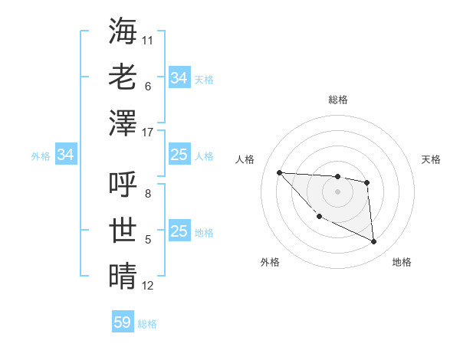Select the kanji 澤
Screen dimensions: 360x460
click(x=123, y=123)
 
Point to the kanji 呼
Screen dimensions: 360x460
click(x=123, y=184)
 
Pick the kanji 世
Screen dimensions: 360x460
click(x=123, y=230)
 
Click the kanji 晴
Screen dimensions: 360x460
click(x=123, y=276)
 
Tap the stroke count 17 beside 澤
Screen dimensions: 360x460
click(x=149, y=133)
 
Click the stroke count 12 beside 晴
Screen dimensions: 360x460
click(x=148, y=286)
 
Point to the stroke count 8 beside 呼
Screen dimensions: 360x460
click(x=148, y=194)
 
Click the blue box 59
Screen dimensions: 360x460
click(x=123, y=322)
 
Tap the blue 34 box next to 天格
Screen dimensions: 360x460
click(x=179, y=78)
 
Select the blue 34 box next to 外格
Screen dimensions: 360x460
click(x=66, y=155)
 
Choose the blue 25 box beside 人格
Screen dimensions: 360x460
click(x=179, y=155)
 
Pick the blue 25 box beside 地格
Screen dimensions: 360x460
click(x=179, y=231)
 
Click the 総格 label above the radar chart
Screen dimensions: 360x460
click(x=337, y=100)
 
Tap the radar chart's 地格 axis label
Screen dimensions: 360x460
click(x=402, y=262)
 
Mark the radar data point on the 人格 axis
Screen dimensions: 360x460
click(x=279, y=172)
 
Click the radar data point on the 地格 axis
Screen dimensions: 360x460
click(x=374, y=242)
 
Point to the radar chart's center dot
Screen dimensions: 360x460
click(x=337, y=191)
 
